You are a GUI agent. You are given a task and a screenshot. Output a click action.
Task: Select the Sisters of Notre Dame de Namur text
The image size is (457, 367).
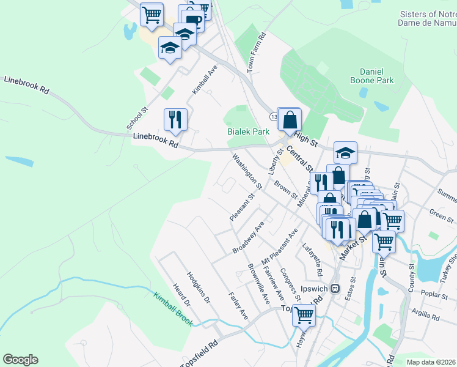coord(428,19)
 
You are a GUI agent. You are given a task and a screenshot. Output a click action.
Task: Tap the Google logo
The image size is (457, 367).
coord(20,360)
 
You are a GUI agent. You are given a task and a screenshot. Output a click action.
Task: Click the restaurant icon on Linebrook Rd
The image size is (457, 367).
coord(176,119)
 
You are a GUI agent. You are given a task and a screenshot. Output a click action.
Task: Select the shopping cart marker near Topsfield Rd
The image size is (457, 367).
coord(304,315)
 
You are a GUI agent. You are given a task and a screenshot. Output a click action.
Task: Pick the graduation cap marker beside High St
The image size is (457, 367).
coord(345,153)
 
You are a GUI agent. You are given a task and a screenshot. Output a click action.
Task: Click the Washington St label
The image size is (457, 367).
coord(247,171)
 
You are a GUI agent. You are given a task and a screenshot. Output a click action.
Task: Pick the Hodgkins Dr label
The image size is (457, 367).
coord(199,288)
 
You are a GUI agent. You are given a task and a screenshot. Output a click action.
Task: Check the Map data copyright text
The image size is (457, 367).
coord(431,361)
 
